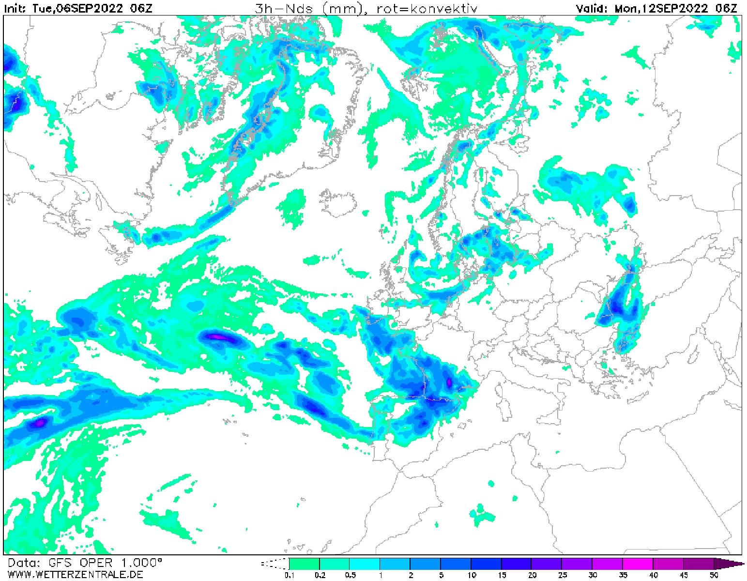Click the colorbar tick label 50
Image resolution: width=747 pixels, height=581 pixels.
(x=714, y=575)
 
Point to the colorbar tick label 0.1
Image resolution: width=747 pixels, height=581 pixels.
(x=290, y=575)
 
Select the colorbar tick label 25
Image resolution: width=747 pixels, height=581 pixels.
(x=562, y=575)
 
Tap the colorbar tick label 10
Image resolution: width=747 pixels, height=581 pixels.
(x=471, y=575)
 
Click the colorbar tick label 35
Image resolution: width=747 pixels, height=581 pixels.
(x=623, y=575)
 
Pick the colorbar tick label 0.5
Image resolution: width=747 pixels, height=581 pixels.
(x=350, y=575)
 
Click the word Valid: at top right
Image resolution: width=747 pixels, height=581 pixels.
(x=593, y=8)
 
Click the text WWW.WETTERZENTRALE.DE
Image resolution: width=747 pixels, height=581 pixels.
(x=75, y=575)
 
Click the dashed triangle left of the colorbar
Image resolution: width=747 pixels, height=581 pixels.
(x=275, y=564)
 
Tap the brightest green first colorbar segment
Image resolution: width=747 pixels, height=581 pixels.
(x=305, y=564)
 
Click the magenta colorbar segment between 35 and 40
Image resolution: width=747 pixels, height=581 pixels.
(x=638, y=564)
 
